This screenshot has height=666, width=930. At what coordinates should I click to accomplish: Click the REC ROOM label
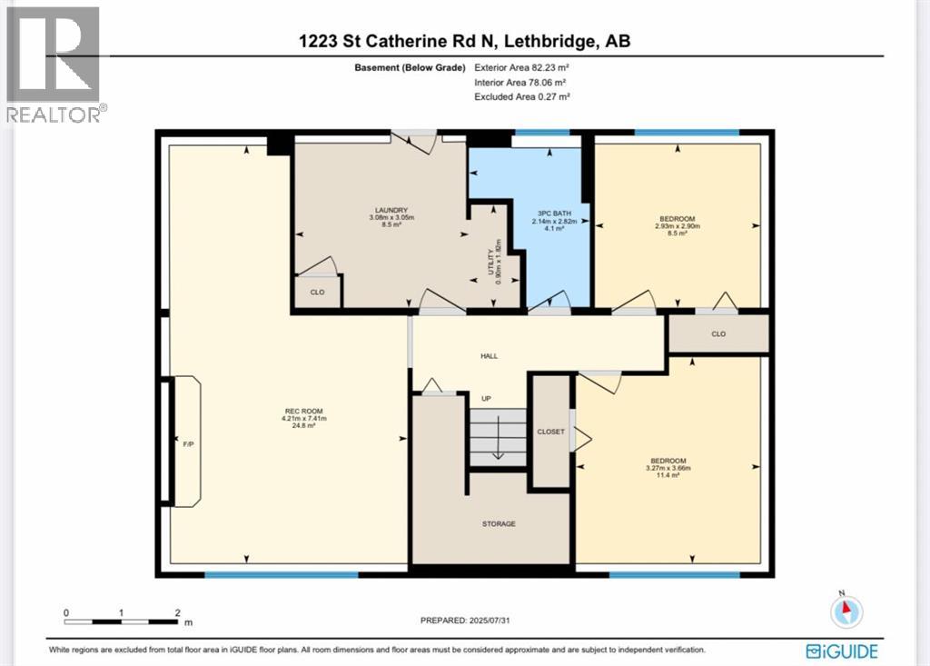pyautogui.click(x=303, y=412)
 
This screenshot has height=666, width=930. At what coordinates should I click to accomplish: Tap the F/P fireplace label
pyautogui.click(x=187, y=443)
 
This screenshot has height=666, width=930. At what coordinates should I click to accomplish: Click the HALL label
pyautogui.click(x=490, y=356)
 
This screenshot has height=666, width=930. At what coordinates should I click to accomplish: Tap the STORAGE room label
pyautogui.click(x=499, y=523)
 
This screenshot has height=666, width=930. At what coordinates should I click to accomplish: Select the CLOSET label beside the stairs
pyautogui.click(x=550, y=432)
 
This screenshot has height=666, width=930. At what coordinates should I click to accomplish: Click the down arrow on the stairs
pyautogui.click(x=498, y=447)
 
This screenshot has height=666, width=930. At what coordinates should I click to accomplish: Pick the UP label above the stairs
pyautogui.click(x=487, y=398)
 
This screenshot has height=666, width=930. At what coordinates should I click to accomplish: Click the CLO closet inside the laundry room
pyautogui.click(x=318, y=293)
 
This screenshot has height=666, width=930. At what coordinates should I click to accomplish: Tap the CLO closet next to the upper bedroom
pyautogui.click(x=718, y=333)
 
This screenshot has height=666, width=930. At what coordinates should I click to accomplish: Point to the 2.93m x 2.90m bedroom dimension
pyautogui.click(x=678, y=226)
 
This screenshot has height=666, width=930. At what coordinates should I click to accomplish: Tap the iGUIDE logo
pyautogui.click(x=841, y=651)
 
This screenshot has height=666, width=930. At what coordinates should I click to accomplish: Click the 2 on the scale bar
pyautogui.click(x=178, y=612)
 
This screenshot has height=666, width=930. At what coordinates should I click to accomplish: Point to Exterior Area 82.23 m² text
pyautogui.click(x=521, y=67)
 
